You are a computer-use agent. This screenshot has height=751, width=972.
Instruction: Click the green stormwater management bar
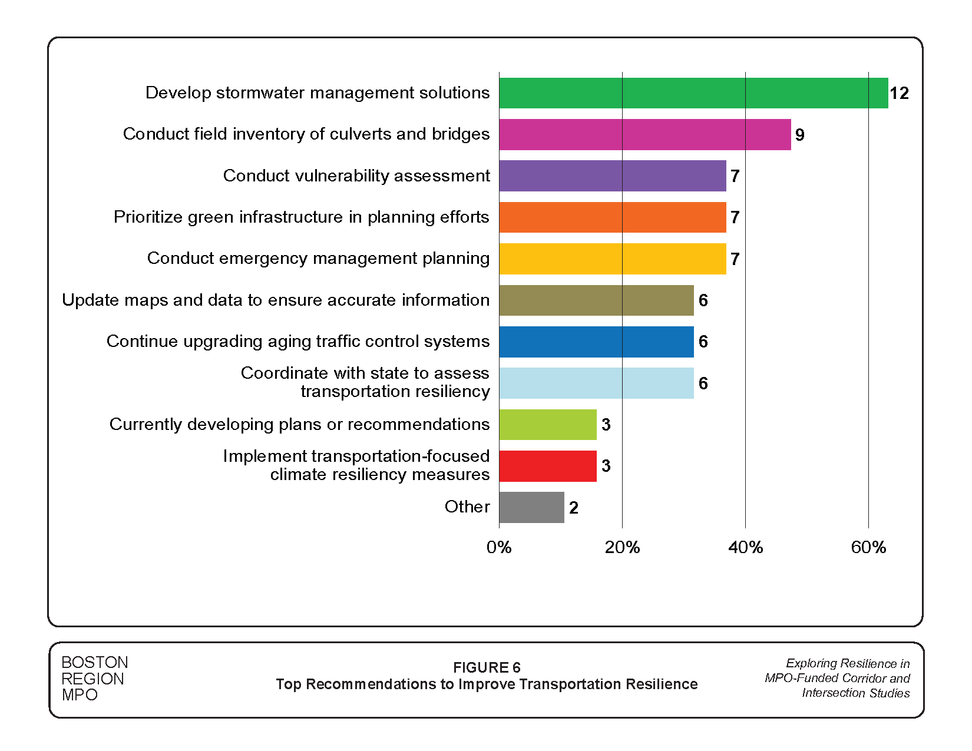click(x=693, y=93)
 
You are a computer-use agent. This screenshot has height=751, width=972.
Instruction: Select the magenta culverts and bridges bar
click(x=645, y=135)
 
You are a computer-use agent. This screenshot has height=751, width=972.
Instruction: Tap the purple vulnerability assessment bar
click(x=613, y=176)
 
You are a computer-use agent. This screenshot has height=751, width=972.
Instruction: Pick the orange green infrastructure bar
click(x=613, y=217)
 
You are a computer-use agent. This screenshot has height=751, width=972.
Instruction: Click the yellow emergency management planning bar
click(x=613, y=259)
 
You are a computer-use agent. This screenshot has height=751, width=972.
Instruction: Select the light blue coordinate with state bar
click(x=596, y=383)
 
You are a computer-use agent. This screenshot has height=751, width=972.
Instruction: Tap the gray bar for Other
click(x=531, y=508)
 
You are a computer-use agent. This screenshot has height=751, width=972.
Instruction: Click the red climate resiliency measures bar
click(x=548, y=467)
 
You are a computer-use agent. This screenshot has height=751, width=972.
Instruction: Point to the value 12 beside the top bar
click(x=899, y=94)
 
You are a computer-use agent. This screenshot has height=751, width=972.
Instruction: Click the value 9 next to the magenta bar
click(x=799, y=135)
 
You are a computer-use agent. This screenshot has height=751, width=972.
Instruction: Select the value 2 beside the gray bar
click(x=574, y=508)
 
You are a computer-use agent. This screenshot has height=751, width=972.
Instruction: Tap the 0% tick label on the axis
click(x=499, y=548)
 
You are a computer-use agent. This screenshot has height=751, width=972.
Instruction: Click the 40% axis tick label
click(x=745, y=548)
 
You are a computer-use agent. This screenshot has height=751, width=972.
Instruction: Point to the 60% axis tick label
click(x=868, y=548)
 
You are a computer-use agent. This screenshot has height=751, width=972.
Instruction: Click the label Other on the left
click(x=467, y=507)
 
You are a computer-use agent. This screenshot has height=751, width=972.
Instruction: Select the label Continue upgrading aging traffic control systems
click(x=298, y=342)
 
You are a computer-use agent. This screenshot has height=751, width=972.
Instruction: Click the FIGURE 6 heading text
click(x=487, y=667)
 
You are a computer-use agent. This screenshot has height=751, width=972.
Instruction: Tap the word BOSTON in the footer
click(x=95, y=663)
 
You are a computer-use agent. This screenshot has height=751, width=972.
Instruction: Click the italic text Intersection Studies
click(x=855, y=693)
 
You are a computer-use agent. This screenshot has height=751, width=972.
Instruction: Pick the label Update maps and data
click(x=276, y=300)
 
